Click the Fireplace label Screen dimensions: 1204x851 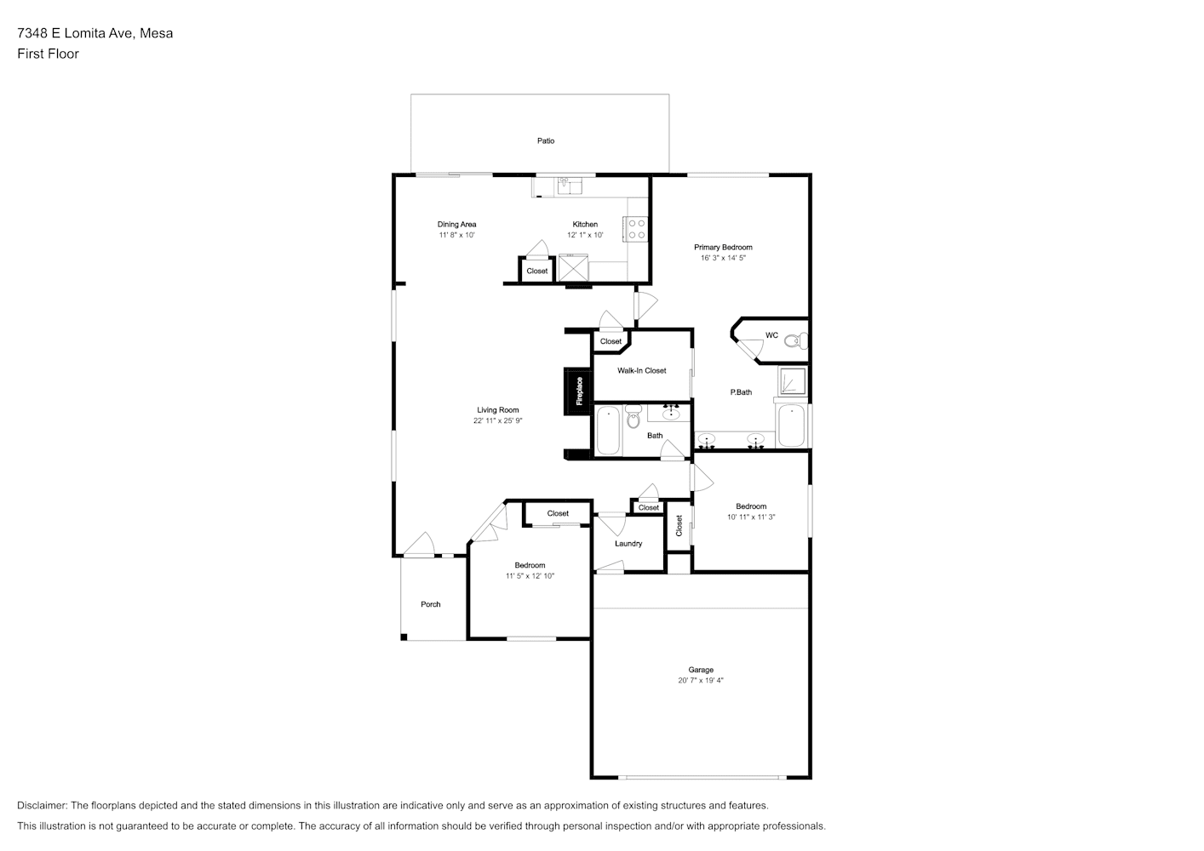coord(579,391)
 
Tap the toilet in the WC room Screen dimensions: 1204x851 coord(796,340)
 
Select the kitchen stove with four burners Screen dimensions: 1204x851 coord(636,230)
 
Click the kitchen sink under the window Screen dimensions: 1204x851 coord(569,186)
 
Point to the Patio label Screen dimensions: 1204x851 coord(546,140)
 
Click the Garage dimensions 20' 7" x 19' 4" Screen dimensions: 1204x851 coord(701,680)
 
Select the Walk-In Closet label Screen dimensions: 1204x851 coord(642,371)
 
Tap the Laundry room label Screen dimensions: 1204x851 coord(628,544)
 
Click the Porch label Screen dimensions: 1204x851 coord(431,604)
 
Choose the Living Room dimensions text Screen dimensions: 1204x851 coord(498,420)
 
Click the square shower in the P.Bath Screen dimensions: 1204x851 coord(793,381)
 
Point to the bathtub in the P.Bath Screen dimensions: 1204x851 coord(792,425)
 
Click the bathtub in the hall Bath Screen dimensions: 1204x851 coord(609,431)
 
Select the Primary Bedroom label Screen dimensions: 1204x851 coord(723,247)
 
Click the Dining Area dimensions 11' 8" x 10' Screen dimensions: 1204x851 coord(457,235)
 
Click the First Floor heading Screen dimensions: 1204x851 coord(48,54)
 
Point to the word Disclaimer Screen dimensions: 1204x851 coord(43,805)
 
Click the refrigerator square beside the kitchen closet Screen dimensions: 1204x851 coord(574,267)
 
